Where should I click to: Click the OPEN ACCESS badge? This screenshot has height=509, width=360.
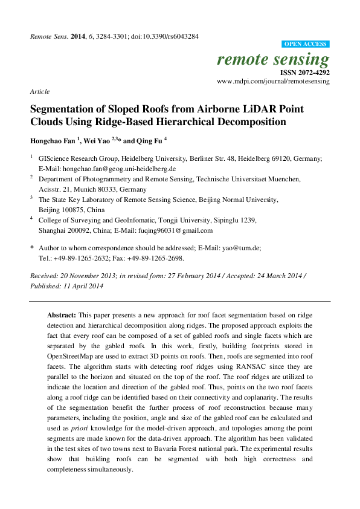pos(306,44)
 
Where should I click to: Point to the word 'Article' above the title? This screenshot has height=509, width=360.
pos(39,91)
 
